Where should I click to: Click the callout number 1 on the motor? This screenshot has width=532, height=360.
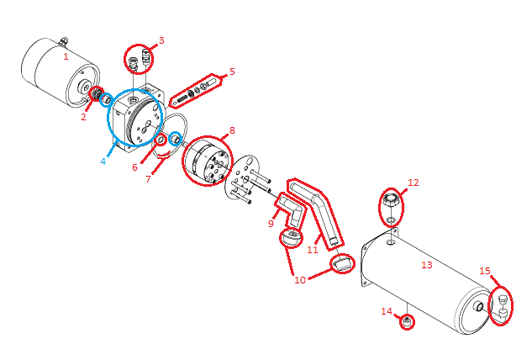[x=66, y=56]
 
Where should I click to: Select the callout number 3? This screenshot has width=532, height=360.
[x=161, y=40]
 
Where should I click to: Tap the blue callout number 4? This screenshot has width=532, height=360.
[x=103, y=161]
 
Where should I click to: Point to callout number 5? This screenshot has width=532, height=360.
[x=232, y=71]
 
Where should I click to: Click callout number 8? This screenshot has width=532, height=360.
[x=232, y=130]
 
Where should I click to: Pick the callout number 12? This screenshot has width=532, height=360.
[x=413, y=182]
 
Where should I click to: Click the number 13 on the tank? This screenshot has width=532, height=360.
[x=426, y=265]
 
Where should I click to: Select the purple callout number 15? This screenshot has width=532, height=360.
[x=484, y=270]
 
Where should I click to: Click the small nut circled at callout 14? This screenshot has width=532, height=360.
[x=407, y=322]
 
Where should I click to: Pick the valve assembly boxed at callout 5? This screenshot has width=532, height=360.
[x=196, y=92]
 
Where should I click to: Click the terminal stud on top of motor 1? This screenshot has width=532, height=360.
[x=64, y=41]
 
